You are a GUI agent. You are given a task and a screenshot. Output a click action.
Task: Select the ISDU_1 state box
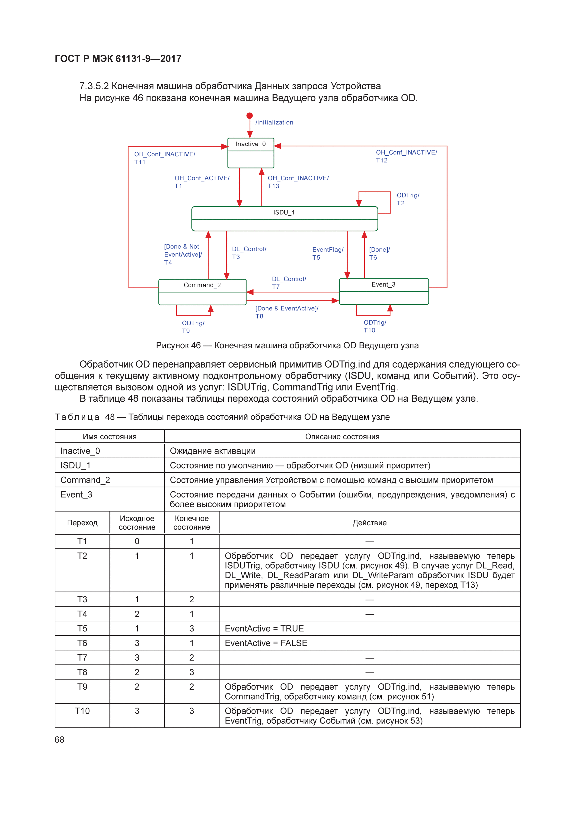coord(284,218)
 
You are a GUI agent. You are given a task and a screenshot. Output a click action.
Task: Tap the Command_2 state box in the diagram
coord(202,292)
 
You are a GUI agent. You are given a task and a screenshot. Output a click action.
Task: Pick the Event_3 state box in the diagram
coord(384,291)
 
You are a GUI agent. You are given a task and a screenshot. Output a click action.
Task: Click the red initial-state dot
coord(249,116)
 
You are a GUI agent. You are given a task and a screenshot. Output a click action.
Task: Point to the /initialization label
coord(274,122)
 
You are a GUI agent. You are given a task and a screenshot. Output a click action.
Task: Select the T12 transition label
coord(382,160)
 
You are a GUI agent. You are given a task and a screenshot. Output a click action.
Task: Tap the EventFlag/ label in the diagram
coord(328,250)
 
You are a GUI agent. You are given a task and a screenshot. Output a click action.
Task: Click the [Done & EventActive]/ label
coord(287,308)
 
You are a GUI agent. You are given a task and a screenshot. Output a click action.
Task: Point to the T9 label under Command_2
coord(186,331)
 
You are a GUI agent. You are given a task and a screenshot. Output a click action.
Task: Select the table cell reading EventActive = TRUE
coord(264,629)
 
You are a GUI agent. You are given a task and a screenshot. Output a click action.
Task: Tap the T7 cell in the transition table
coord(82,658)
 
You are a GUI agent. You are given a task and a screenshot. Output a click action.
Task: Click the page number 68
coord(60,740)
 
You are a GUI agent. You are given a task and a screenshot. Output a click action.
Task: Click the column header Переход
coord(82,523)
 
